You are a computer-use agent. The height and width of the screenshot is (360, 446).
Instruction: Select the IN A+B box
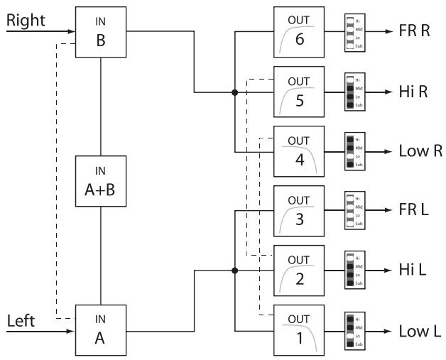pos(100,181)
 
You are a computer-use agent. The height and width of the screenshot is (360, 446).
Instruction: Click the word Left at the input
pos(21,321)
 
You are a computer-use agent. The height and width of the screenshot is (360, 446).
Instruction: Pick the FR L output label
pos(412,212)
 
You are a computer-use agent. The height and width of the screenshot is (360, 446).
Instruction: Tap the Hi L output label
pos(410,271)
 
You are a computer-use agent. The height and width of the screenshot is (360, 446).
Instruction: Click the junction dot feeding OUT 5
pos(234,92)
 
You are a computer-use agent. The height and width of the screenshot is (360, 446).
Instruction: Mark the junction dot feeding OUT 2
pos(234,271)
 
